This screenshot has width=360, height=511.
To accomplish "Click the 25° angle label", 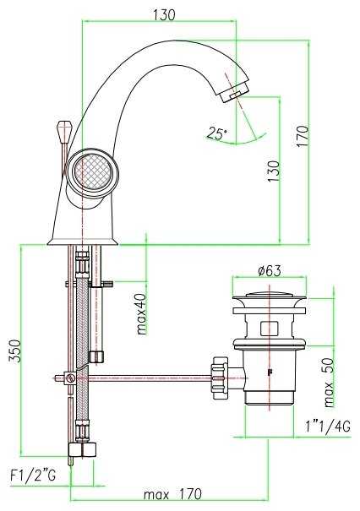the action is [216, 133].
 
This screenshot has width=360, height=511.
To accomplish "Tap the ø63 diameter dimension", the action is [270, 270].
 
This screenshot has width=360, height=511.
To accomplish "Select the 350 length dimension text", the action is [15, 351].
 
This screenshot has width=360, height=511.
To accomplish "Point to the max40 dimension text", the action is [142, 314].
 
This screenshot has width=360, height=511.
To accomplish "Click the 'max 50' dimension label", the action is [330, 383].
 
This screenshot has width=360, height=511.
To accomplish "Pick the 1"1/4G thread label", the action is [328, 427].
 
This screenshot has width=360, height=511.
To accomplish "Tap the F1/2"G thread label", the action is [33, 476].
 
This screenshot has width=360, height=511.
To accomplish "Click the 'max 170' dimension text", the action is [173, 494].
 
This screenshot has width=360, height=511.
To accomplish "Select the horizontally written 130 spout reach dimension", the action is [164, 15].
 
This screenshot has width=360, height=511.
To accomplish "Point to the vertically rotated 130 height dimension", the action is [273, 171].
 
